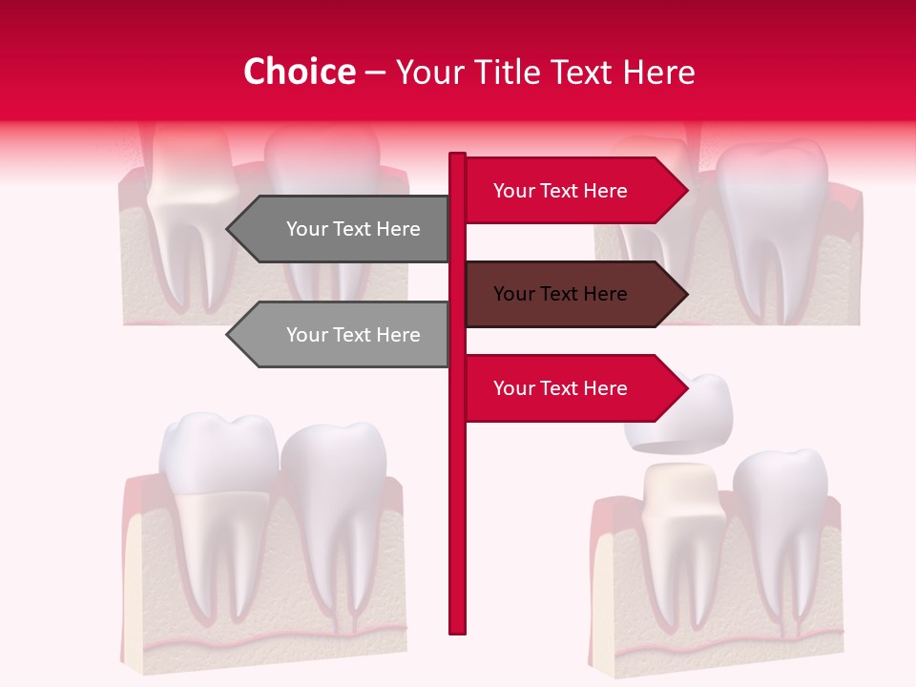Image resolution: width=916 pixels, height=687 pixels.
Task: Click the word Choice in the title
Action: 299,72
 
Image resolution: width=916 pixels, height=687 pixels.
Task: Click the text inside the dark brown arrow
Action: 560,294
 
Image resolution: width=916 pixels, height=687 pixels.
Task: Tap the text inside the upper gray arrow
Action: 353,229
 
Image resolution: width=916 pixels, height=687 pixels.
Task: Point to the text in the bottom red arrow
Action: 560,388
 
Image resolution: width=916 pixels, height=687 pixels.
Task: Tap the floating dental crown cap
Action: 679,415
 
